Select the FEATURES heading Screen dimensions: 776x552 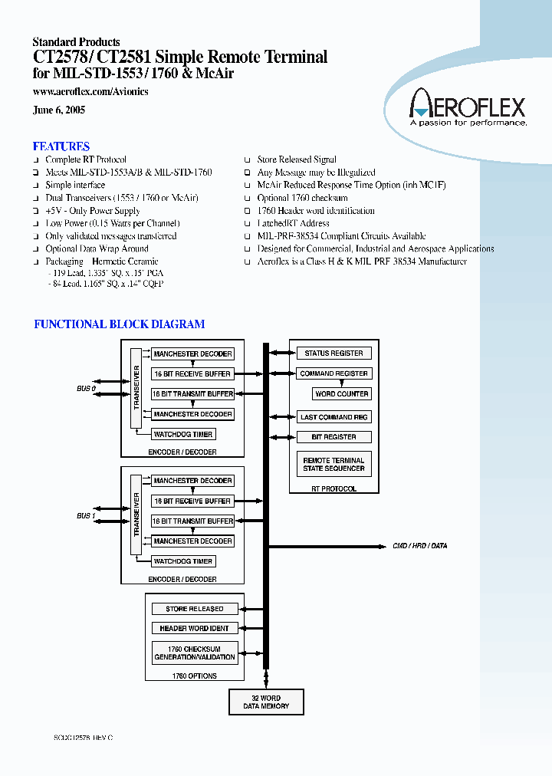click(x=61, y=146)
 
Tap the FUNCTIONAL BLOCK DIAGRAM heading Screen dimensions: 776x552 click(x=119, y=324)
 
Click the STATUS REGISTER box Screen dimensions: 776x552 click(x=333, y=353)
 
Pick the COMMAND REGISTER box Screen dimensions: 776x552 click(x=333, y=373)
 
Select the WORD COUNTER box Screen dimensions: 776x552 click(x=342, y=393)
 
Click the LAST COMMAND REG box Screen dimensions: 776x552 click(x=333, y=417)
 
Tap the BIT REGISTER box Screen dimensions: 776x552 click(x=333, y=437)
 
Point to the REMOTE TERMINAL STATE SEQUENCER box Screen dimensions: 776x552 click(x=333, y=464)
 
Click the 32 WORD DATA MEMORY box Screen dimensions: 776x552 click(x=266, y=702)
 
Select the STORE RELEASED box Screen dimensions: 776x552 click(x=195, y=609)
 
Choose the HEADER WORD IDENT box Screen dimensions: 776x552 click(x=195, y=628)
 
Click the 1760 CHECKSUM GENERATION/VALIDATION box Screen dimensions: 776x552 click(x=195, y=653)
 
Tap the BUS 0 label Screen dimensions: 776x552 click(x=86, y=389)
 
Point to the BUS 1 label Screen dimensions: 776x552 click(x=86, y=516)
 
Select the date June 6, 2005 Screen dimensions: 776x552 click(x=59, y=110)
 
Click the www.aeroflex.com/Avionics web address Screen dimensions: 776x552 click(x=90, y=92)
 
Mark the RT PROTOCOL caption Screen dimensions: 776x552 click(x=333, y=488)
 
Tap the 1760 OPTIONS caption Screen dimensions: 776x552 click(x=194, y=676)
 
